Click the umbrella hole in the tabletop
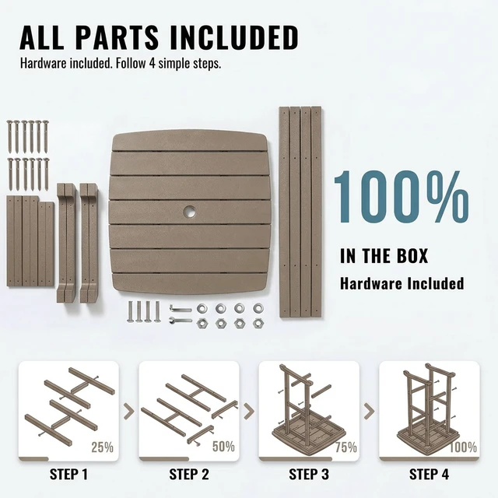coord(190,212)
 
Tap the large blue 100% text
coord(402,197)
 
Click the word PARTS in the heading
coord(117,37)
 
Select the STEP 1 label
coord(68,475)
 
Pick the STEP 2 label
coord(189,475)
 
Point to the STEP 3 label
coord(309,475)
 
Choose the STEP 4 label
coord(429,475)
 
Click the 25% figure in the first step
coord(102,447)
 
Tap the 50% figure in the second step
coord(223,446)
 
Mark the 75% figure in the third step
coord(346,447)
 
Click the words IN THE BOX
coord(384,256)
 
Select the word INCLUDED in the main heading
coord(234,37)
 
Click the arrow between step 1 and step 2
coord(128,411)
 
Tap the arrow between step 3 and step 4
coord(369,411)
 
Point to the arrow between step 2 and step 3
coord(249,411)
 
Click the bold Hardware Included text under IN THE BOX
coord(402,283)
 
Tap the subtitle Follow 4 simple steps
coord(168,63)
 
